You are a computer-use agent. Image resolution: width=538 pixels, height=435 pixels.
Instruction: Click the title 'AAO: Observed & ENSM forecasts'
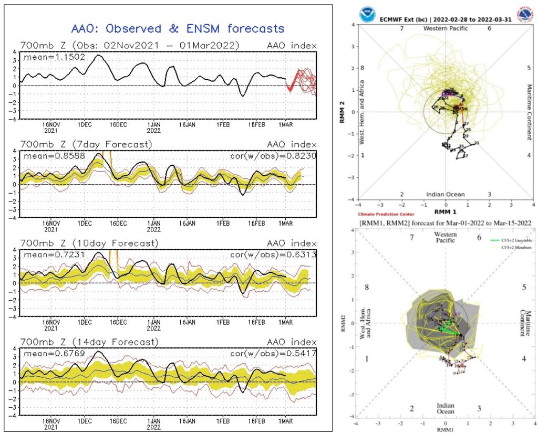point(178,28)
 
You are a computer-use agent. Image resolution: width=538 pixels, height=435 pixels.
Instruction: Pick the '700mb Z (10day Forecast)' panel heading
point(89,243)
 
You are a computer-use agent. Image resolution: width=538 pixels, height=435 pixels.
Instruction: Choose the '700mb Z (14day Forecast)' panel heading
point(89,342)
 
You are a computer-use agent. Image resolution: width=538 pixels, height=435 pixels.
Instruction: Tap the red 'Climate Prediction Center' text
point(386,214)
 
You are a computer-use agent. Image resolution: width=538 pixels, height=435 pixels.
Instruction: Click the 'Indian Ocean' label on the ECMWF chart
point(446,194)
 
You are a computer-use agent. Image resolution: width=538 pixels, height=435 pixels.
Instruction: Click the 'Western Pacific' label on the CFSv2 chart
point(446,237)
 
